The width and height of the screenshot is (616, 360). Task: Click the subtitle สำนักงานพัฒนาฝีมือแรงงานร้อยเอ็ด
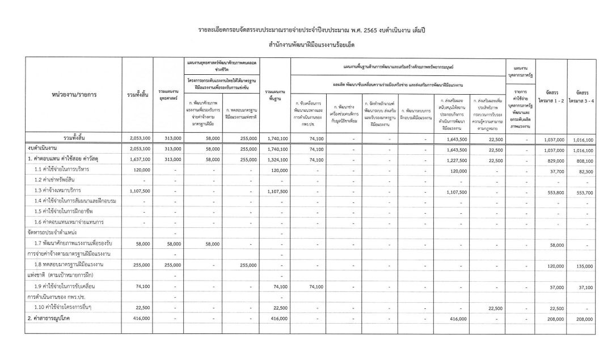point(307,43)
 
